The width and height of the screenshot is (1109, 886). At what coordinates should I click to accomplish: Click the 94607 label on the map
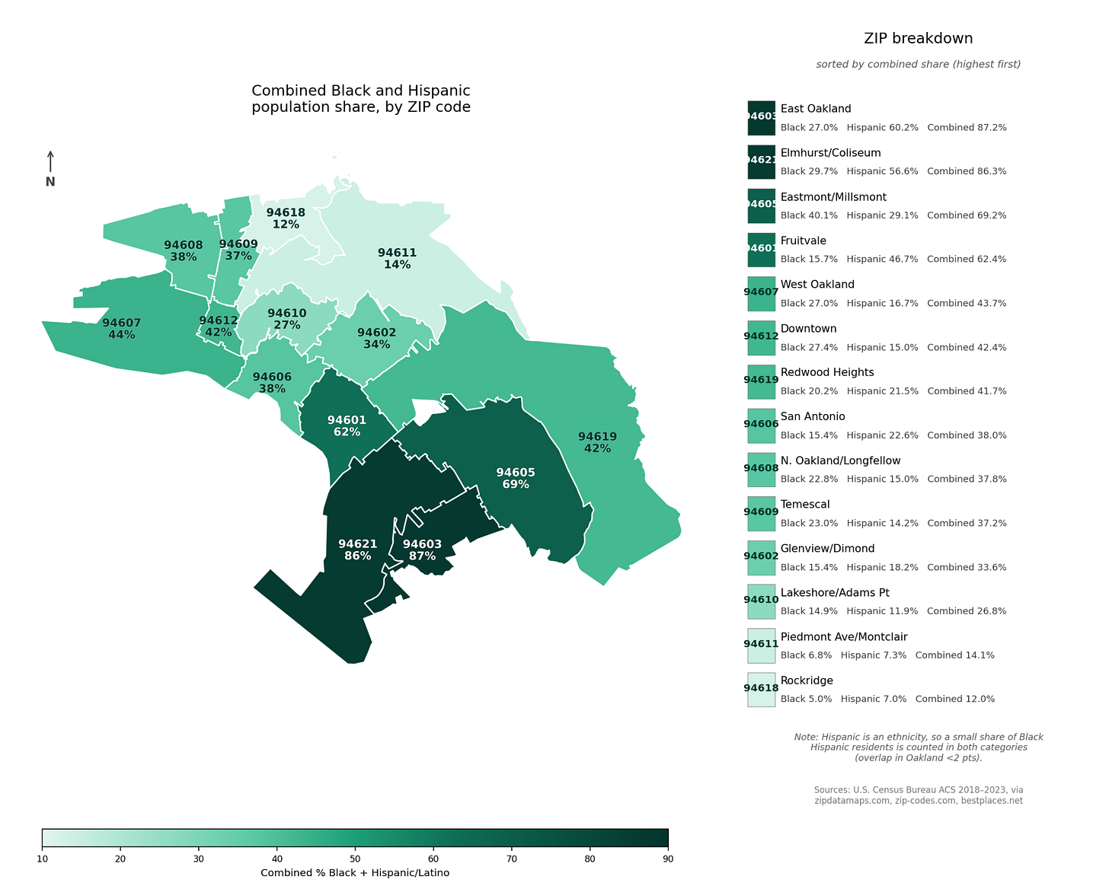[x=122, y=329]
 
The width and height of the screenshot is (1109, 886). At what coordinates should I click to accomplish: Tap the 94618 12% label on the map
[x=286, y=218]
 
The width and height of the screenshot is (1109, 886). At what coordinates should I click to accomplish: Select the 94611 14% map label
[x=397, y=259]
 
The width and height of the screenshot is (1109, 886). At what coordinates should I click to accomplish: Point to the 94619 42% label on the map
[x=597, y=442]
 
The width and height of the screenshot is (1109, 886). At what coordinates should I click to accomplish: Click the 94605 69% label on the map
[x=516, y=478]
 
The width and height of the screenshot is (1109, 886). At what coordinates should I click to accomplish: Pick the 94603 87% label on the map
[x=422, y=550]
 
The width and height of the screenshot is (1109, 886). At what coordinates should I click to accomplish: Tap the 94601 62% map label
[x=347, y=425]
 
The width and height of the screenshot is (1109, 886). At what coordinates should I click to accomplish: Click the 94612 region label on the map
[x=218, y=327]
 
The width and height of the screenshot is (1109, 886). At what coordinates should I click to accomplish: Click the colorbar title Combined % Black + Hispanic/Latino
[x=355, y=873]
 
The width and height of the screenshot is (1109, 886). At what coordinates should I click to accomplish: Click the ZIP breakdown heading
[x=918, y=39]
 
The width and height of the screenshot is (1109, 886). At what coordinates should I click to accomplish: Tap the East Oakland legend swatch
[x=761, y=117]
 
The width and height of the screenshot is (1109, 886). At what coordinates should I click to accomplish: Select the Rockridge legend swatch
[x=761, y=689]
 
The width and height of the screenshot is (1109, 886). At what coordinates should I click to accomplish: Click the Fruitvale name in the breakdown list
[x=803, y=241]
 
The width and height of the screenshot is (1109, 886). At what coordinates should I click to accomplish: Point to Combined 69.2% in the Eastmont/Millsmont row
[x=967, y=215]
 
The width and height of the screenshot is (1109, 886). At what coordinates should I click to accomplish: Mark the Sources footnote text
[x=918, y=795]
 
